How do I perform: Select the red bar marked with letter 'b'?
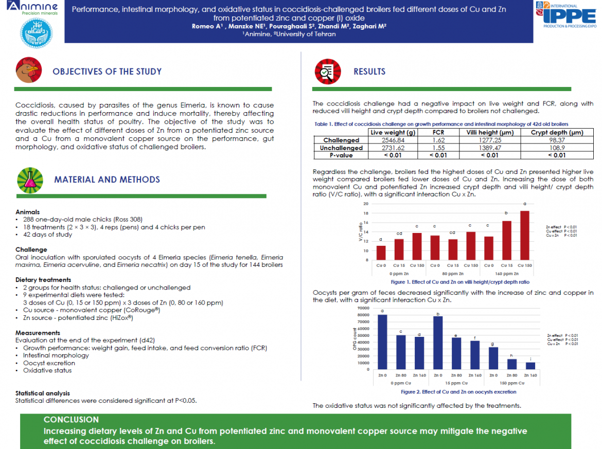(x=506, y=240)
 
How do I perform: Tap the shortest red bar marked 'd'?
(x=381, y=253)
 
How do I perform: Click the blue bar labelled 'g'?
(x=493, y=358)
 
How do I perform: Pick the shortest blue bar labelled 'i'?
(x=530, y=366)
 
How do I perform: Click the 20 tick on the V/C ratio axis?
(x=365, y=204)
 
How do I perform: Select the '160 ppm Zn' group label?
(x=506, y=274)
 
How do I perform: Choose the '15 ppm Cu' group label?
(x=456, y=384)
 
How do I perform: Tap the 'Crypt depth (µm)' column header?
(x=557, y=133)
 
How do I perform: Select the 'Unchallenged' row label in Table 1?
(x=341, y=148)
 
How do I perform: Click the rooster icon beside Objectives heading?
(x=28, y=71)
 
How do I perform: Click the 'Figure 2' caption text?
(x=458, y=392)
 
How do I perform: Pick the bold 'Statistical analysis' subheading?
(x=42, y=393)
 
